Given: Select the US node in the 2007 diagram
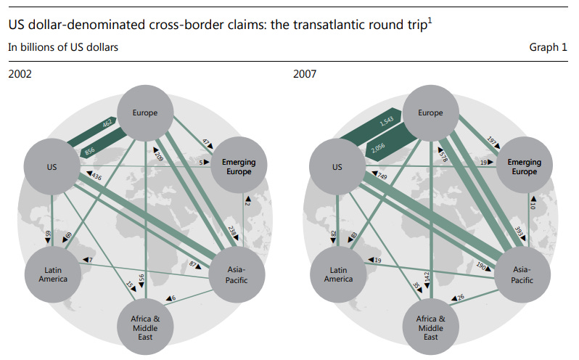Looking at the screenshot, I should coord(337,167).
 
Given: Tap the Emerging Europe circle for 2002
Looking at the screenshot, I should coord(239,167).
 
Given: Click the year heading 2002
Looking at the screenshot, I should coord(20,73).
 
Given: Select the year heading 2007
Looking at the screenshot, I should coord(305,73).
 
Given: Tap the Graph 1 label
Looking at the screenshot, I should coord(550,48).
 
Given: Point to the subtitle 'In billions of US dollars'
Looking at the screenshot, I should coord(63,48).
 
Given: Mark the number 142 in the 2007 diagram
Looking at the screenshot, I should coord(429,279).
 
